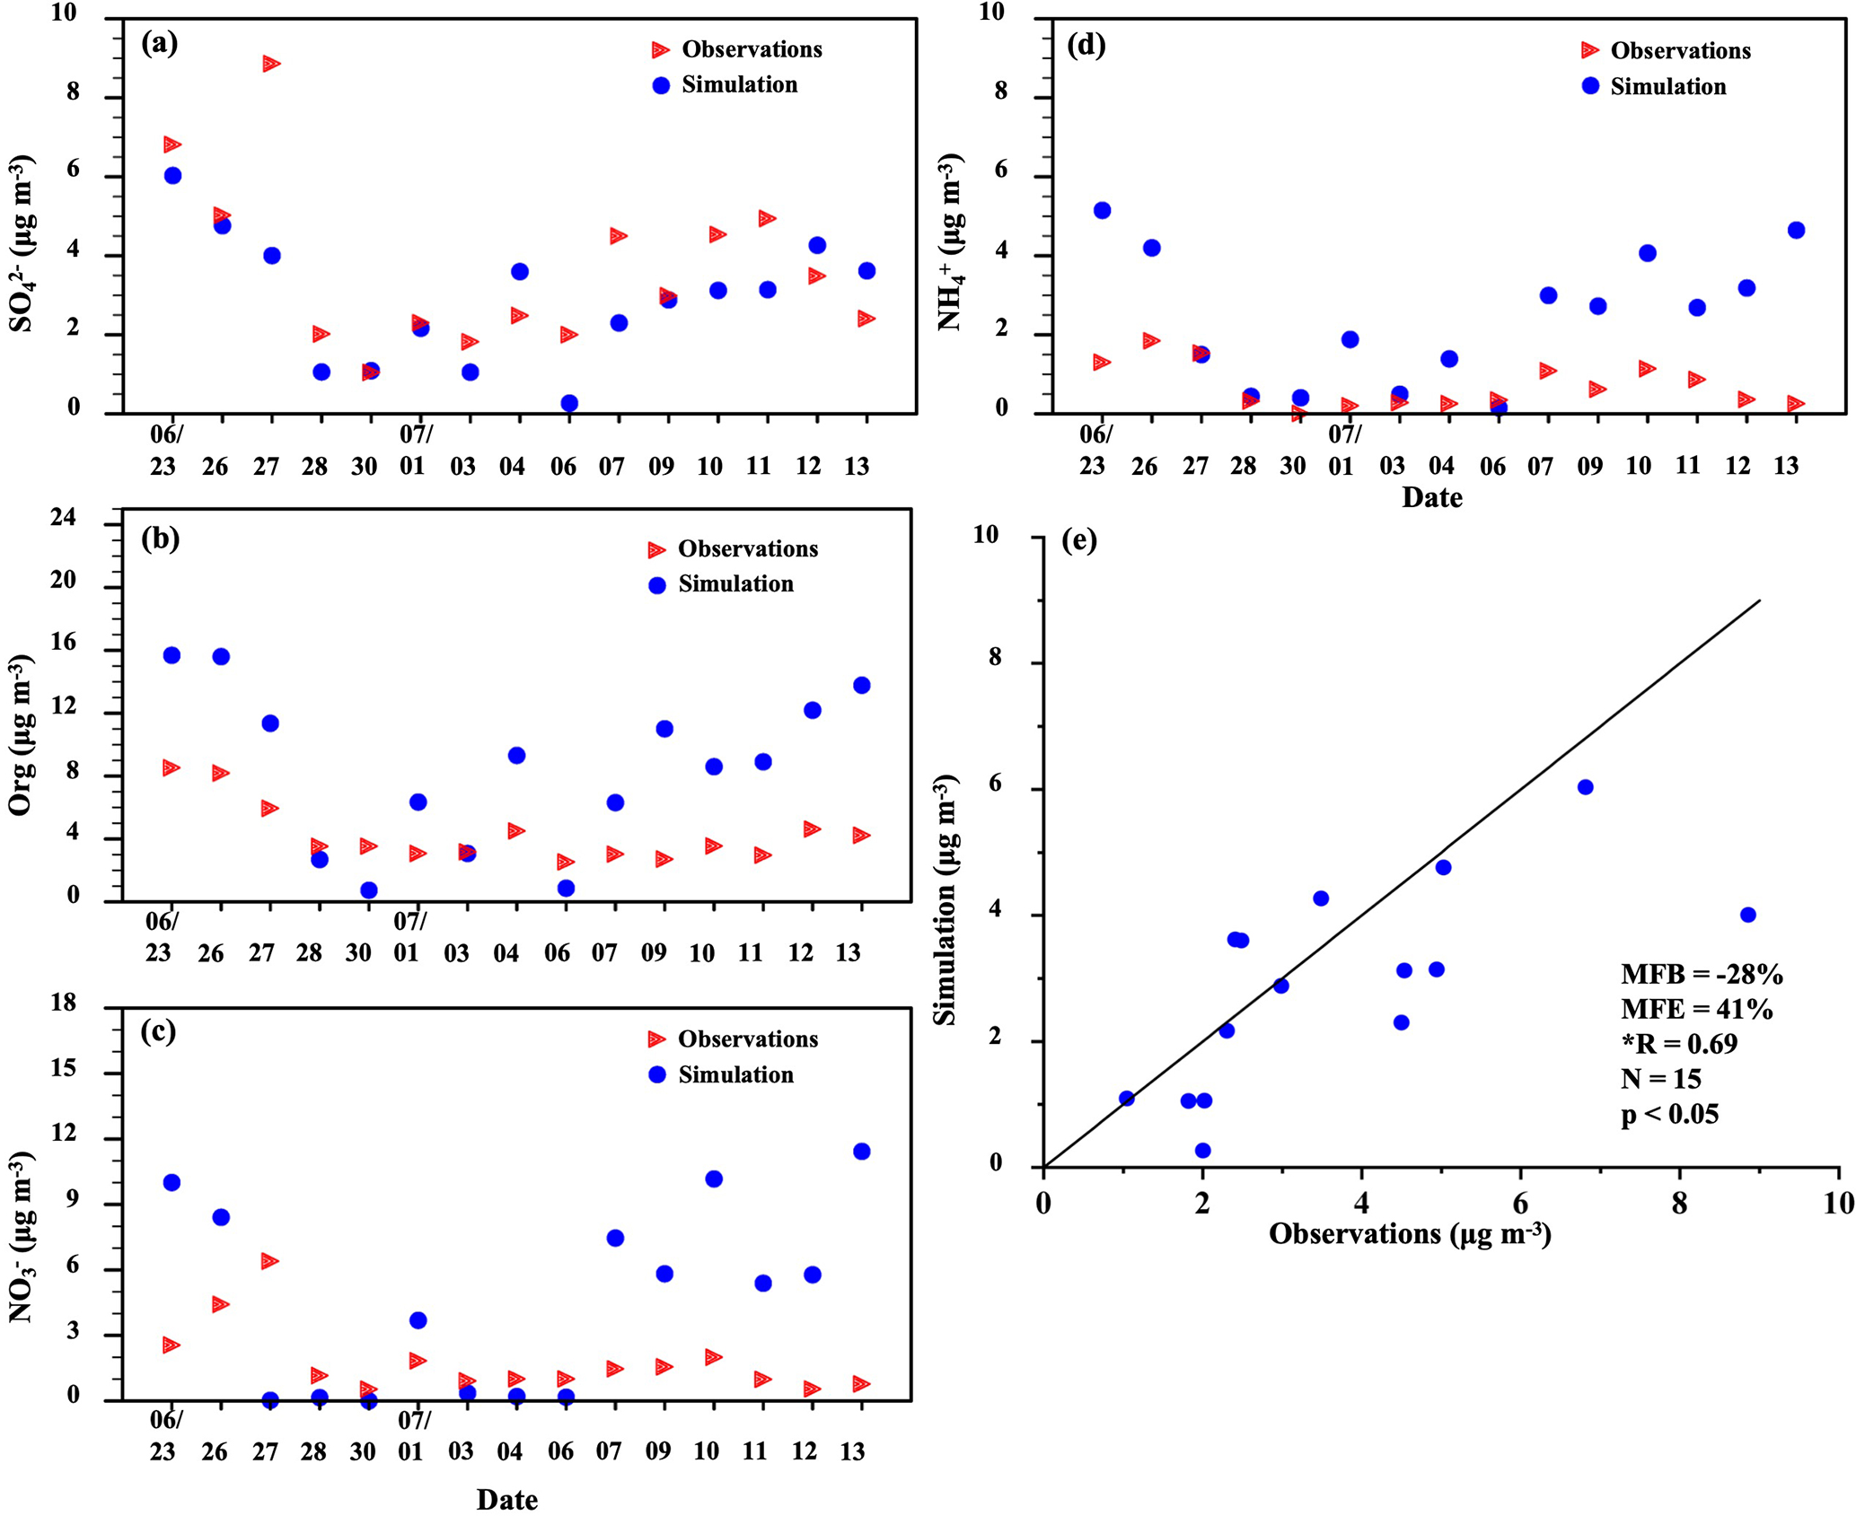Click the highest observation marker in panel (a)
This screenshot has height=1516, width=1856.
click(270, 64)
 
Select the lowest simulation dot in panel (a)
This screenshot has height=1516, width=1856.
click(568, 403)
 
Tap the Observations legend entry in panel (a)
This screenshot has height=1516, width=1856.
click(736, 49)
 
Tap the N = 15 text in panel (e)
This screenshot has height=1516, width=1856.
click(1661, 1079)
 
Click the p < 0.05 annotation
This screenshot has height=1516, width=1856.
click(1670, 1115)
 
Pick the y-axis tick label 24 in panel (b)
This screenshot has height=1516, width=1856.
click(64, 519)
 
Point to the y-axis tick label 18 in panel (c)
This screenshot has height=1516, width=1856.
click(64, 1003)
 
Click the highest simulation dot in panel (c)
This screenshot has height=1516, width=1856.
click(861, 1152)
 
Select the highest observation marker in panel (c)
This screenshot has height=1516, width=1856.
click(268, 1261)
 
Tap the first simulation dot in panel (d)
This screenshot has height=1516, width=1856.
click(1102, 210)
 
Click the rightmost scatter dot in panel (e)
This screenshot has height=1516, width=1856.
click(1747, 915)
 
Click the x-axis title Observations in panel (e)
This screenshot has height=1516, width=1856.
click(1410, 1234)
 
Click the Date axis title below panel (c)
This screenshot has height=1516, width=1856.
click(506, 1500)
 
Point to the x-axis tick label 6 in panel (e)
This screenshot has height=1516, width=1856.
click(1520, 1202)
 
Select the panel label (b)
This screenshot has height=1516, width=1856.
click(160, 539)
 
